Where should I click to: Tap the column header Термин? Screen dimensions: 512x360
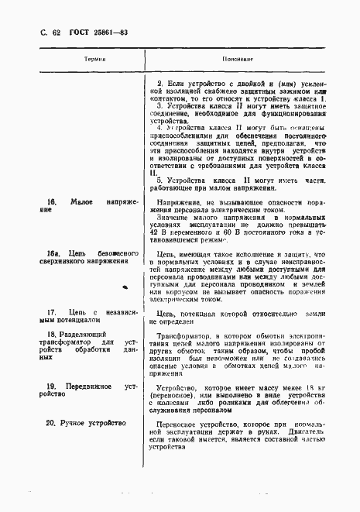point(94,59)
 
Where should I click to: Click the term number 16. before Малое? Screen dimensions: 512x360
point(51,201)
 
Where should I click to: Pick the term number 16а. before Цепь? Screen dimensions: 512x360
point(53,253)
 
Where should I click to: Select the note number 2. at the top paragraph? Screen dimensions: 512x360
point(159,83)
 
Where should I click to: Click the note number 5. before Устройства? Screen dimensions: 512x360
point(159,179)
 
